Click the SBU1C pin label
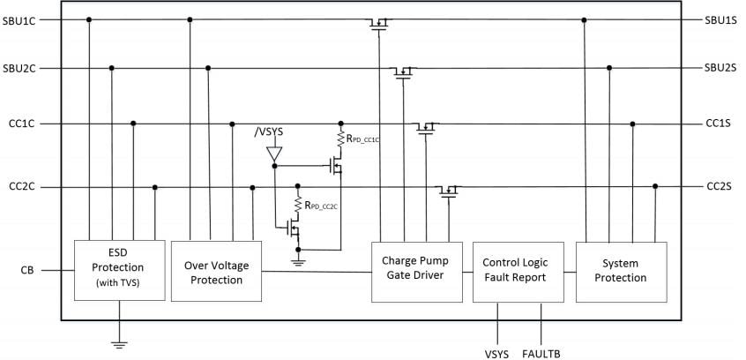click(20, 19)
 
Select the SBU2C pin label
click(20, 68)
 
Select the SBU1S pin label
click(720, 19)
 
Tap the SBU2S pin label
click(720, 68)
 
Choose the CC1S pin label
click(719, 124)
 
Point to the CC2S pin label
click(719, 187)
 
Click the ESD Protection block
click(119, 269)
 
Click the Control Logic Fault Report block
click(517, 270)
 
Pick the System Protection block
click(621, 270)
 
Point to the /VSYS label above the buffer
click(270, 131)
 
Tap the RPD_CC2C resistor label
click(324, 206)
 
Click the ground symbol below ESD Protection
click(119, 343)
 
